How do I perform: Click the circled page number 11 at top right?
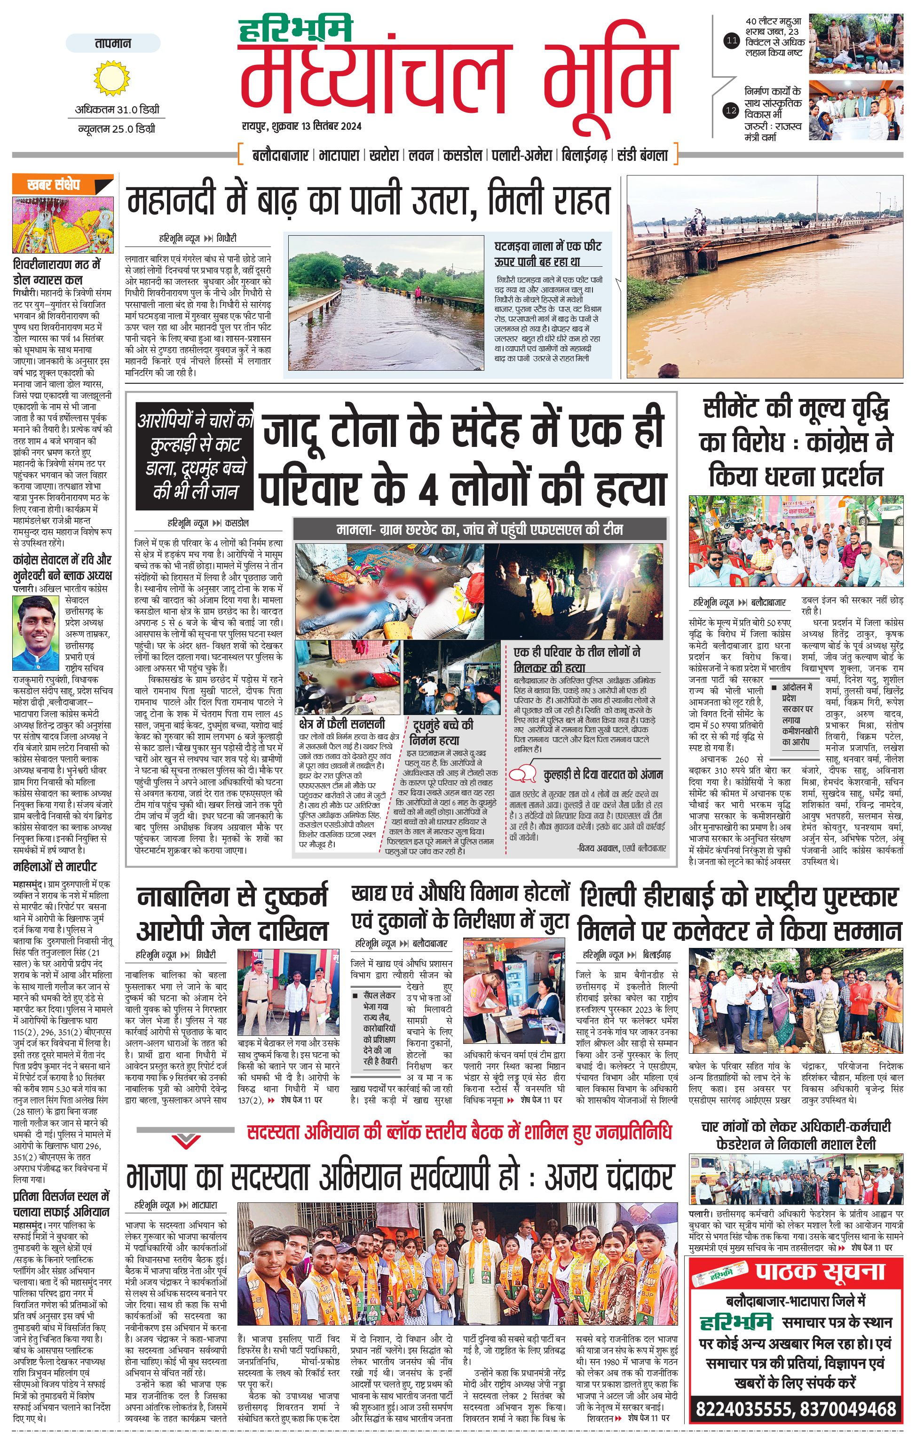[731, 41]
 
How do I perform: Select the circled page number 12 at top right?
[731, 111]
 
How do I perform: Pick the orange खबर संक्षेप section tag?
[62, 185]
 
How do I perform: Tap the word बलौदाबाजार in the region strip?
[280, 155]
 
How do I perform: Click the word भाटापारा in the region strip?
[340, 155]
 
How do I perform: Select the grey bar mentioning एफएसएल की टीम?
[480, 529]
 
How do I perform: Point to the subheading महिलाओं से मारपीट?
[55, 867]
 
